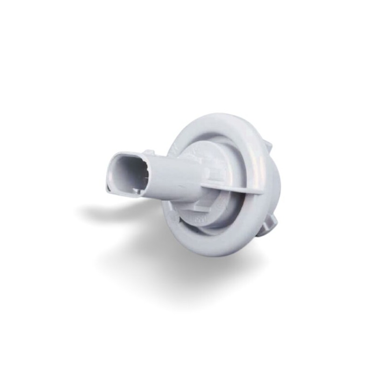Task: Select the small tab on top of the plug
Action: click(x=148, y=152)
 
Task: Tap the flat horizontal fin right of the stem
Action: click(x=233, y=189)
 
